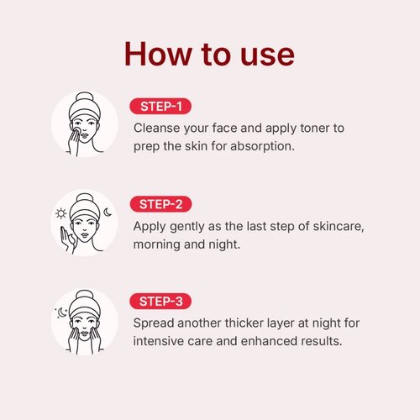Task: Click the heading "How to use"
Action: coord(209,54)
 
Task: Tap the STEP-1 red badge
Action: coord(160,107)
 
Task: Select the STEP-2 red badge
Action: coord(160,204)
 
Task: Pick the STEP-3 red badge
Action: coord(160,302)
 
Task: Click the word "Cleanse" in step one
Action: coord(157,128)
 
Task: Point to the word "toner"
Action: coord(314,129)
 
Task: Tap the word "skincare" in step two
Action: coord(339,226)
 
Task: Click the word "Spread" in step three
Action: coord(154,323)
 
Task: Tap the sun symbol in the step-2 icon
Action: coord(60,213)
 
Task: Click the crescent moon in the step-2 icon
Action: coord(108,213)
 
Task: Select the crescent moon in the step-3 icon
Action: coord(62,312)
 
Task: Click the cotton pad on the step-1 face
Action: coord(76,131)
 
